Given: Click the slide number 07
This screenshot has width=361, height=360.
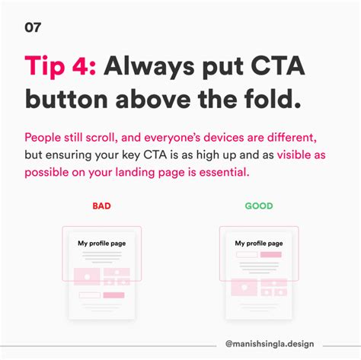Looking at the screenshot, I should point(33,28).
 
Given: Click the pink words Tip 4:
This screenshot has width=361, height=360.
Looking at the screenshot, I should point(59,66).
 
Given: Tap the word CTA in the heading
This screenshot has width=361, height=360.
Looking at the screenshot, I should point(279,66).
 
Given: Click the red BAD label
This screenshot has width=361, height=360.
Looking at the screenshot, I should point(101,205).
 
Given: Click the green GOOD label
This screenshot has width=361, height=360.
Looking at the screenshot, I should point(258,205).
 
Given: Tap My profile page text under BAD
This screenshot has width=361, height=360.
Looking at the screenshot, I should point(101,244).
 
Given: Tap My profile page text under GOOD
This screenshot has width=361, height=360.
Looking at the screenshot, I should point(258,244).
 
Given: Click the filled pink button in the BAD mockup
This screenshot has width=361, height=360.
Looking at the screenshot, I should point(114,294).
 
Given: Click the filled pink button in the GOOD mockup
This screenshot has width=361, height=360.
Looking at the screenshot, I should point(271,254).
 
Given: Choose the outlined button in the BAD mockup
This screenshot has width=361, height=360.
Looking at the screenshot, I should point(89,294).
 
